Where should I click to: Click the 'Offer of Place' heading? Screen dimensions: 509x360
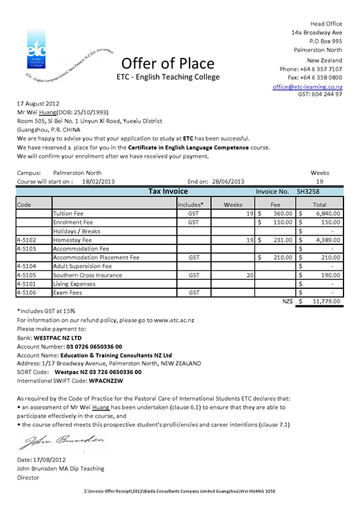coord(168,62)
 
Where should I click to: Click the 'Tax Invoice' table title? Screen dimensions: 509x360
coord(168,191)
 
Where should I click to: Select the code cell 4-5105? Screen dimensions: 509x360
coord(27,275)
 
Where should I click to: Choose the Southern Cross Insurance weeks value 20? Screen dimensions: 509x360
coord(249,275)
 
